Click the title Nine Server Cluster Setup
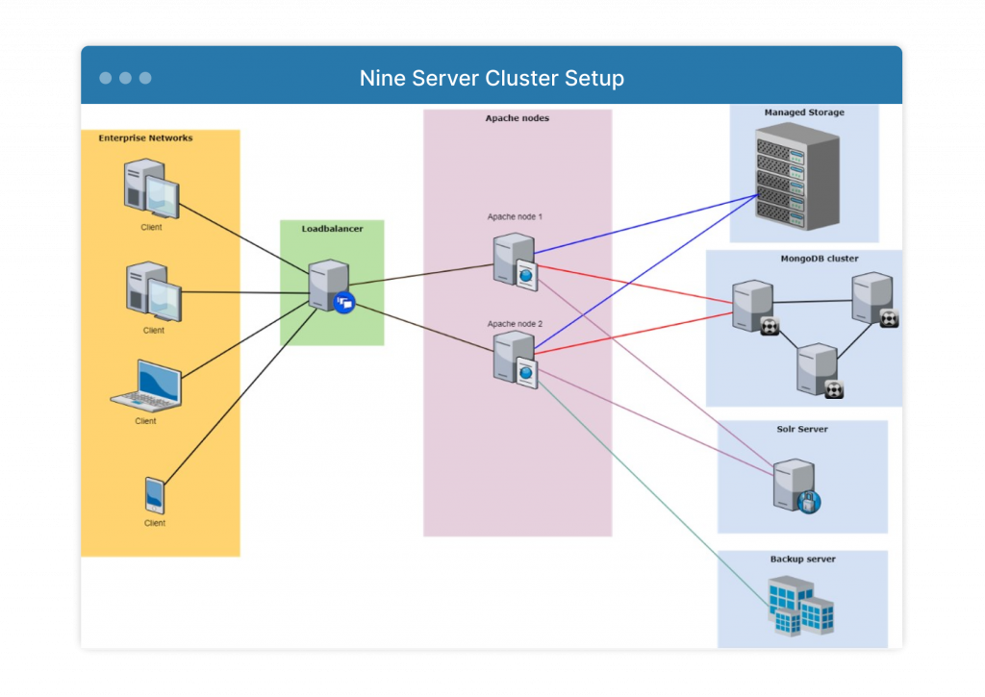[x=492, y=78]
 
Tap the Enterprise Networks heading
[x=145, y=138]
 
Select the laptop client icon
[x=146, y=385]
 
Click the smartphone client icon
[x=154, y=495]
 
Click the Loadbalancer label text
[x=332, y=229]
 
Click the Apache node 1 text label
[x=515, y=217]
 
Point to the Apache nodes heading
[x=517, y=118]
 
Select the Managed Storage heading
[x=804, y=112]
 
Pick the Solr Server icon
[x=796, y=485]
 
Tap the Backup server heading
[x=802, y=559]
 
